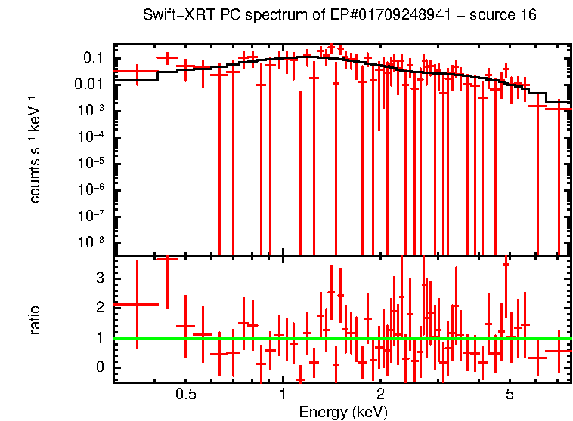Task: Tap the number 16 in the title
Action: tap(528, 16)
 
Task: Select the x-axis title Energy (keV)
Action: tap(343, 412)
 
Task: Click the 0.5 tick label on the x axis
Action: tap(185, 395)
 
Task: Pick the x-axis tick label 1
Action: tap(283, 395)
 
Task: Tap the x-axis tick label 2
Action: tap(380, 395)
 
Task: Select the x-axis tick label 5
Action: tap(510, 395)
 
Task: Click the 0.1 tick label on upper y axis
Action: tap(93, 58)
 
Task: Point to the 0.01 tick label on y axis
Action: tap(88, 85)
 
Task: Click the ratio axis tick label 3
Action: tap(98, 278)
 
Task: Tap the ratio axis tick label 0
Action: tap(98, 367)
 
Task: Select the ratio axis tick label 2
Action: tap(98, 308)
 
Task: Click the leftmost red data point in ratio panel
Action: tap(137, 304)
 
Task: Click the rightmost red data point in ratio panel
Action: tap(559, 351)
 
